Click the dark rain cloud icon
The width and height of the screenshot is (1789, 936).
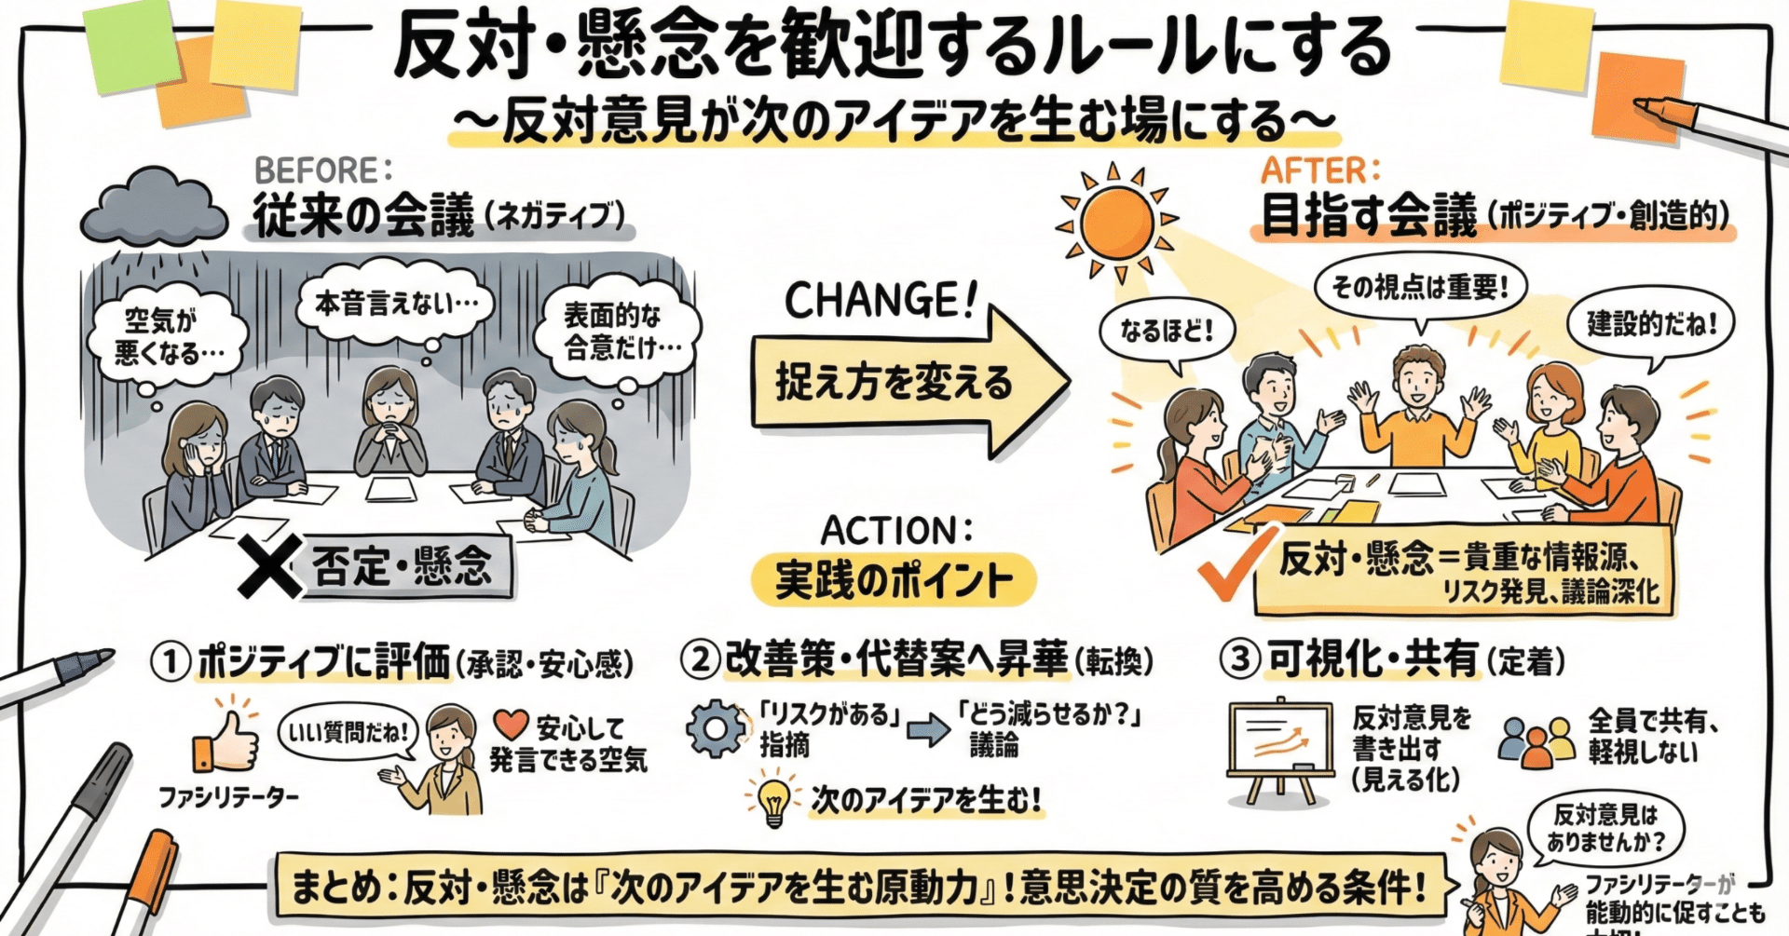(x=154, y=207)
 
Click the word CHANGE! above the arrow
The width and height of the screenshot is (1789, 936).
(x=880, y=301)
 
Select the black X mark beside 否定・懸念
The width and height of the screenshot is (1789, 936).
(x=268, y=565)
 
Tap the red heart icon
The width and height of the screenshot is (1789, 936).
(x=511, y=725)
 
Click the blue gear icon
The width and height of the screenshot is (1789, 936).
(x=716, y=729)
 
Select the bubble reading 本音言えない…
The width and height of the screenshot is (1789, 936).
(x=395, y=304)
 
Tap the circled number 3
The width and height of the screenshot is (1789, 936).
(x=1240, y=659)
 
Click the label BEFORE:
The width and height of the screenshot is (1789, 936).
(x=322, y=171)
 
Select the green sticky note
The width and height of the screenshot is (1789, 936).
(x=131, y=47)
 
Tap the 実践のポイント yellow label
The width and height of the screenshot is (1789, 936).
(x=893, y=580)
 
